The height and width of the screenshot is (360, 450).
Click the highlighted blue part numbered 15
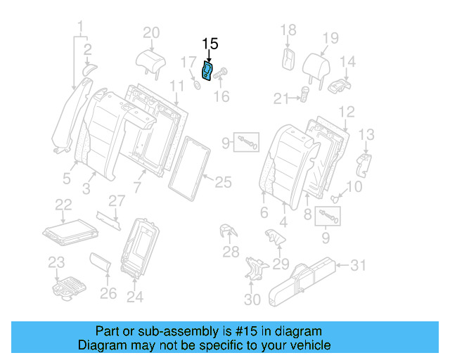(208, 72)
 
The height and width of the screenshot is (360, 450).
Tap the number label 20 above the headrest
(151, 32)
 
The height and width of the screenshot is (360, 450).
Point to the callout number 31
(359, 265)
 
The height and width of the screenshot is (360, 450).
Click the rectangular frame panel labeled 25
(191, 166)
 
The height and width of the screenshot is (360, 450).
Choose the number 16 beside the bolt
(221, 96)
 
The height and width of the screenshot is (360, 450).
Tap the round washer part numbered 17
(196, 86)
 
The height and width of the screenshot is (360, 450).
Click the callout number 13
(366, 134)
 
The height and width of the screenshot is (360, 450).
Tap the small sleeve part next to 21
(306, 94)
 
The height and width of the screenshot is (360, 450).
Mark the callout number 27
(117, 200)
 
